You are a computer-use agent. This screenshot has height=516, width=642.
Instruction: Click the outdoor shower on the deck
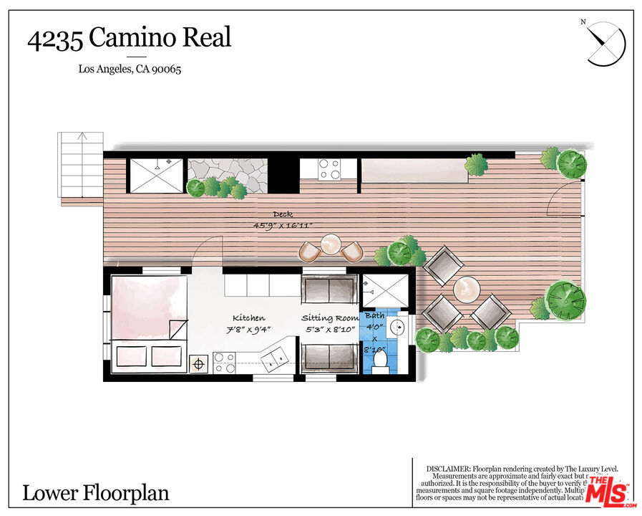click(x=155, y=174)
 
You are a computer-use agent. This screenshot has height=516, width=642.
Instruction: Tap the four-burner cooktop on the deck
click(x=329, y=168)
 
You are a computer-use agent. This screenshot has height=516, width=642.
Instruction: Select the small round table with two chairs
click(x=330, y=247)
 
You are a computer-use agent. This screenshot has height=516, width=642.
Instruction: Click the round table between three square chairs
click(x=467, y=289)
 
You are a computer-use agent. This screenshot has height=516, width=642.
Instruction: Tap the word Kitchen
click(x=248, y=317)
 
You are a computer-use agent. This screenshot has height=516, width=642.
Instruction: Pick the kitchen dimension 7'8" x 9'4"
click(x=249, y=330)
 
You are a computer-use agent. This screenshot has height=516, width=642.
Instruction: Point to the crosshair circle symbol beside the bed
click(x=198, y=363)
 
